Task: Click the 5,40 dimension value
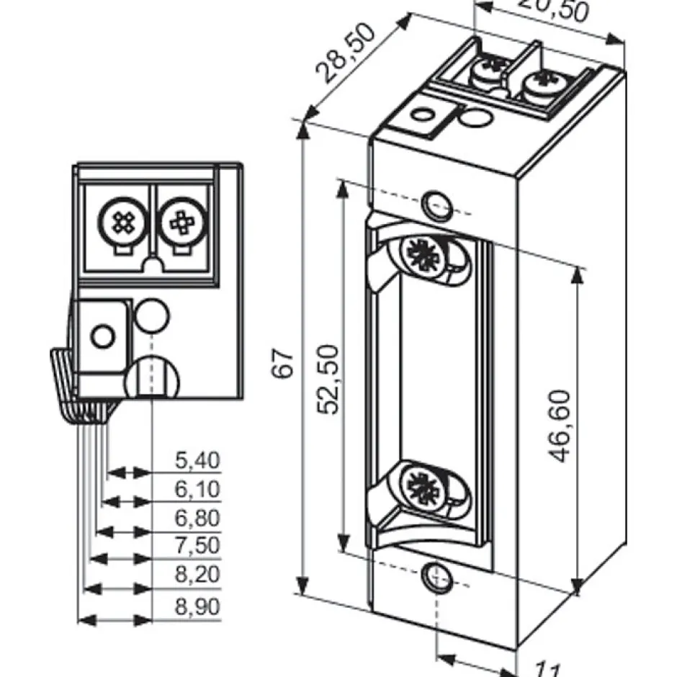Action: [197, 460]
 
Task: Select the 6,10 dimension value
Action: [197, 490]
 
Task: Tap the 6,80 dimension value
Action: [197, 519]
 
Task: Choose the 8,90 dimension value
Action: [197, 607]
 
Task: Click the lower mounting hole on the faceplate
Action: [434, 575]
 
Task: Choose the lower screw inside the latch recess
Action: [419, 484]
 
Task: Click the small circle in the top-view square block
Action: [102, 335]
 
